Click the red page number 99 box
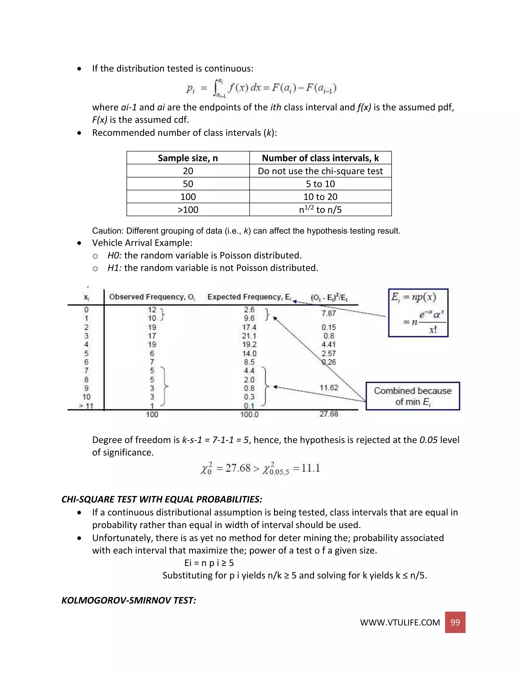click(455, 622)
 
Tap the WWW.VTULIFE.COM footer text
click(400, 623)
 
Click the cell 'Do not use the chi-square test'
click(320, 171)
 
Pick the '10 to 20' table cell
click(320, 197)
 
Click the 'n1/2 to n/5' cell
click(320, 210)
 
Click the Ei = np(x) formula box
click(418, 313)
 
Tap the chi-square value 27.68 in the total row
click(329, 414)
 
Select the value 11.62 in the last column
click(329, 388)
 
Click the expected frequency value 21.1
click(249, 336)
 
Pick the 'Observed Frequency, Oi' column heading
click(152, 297)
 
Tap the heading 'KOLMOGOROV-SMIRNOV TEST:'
click(129, 600)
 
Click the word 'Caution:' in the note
click(108, 231)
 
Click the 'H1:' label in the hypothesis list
click(114, 268)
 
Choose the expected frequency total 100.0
click(249, 414)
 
